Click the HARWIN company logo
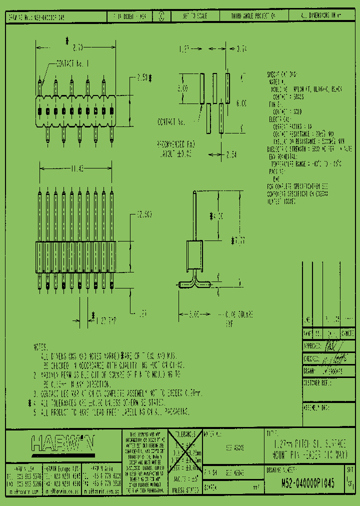[62, 443]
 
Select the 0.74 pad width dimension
[242, 49]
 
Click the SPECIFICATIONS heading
[283, 74]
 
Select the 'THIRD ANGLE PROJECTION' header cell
[253, 16]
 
